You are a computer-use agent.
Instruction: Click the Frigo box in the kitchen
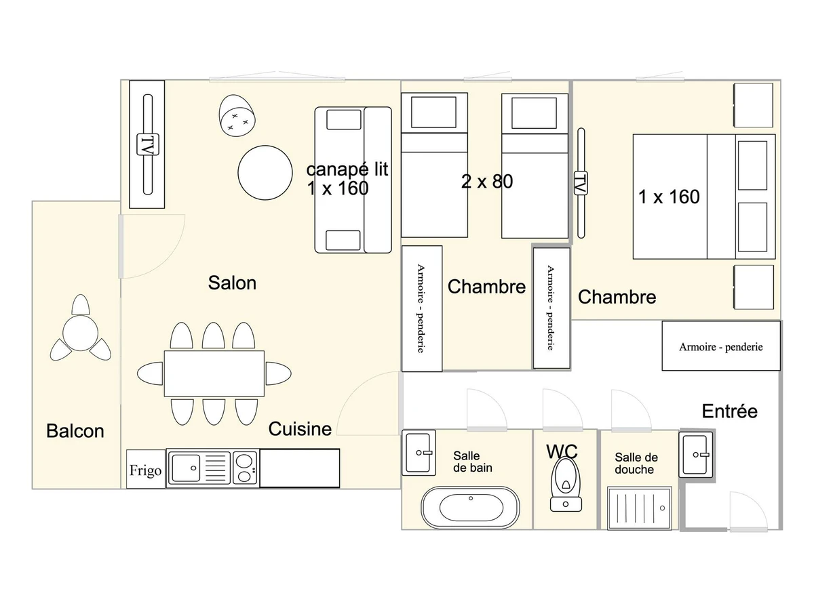(x=146, y=469)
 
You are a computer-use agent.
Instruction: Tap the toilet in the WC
(x=566, y=484)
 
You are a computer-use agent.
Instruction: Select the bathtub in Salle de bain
(x=470, y=508)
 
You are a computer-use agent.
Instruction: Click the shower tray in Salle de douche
(x=640, y=508)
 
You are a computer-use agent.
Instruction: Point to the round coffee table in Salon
(x=265, y=173)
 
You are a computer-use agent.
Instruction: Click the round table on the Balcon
(x=81, y=333)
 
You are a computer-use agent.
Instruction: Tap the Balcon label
(x=75, y=431)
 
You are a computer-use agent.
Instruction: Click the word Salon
(x=232, y=283)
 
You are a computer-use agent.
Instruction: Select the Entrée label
(x=729, y=411)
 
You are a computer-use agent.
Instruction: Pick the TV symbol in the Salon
(x=148, y=144)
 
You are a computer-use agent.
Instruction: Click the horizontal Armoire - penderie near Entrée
(x=721, y=346)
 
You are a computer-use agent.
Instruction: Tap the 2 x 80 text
(x=487, y=182)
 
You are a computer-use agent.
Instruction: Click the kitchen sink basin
(x=186, y=468)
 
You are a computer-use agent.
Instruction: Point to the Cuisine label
(x=300, y=429)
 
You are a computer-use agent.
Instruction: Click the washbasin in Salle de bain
(x=419, y=453)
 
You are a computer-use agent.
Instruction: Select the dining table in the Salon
(x=214, y=373)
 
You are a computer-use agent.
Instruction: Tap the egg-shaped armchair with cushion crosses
(x=237, y=115)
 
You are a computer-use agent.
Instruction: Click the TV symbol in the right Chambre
(x=581, y=183)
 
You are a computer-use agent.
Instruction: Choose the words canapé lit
(x=347, y=169)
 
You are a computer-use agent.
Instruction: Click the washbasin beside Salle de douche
(x=696, y=454)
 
